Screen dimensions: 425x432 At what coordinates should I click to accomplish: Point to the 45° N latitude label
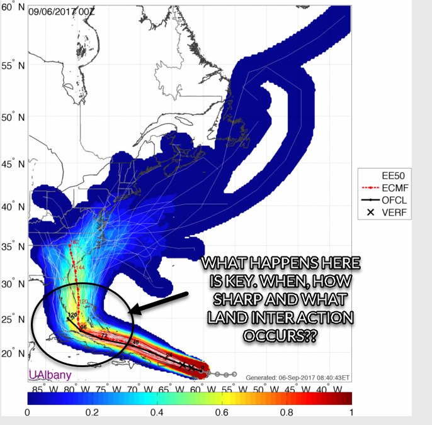click(13, 165)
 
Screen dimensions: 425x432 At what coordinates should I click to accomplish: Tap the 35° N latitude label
click(13, 248)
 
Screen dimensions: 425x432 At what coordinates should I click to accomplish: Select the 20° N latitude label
click(13, 354)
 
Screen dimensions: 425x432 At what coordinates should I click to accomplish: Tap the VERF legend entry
click(391, 213)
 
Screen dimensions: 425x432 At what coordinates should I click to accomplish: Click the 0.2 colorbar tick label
click(93, 412)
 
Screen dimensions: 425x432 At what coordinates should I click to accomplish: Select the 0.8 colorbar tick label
click(287, 412)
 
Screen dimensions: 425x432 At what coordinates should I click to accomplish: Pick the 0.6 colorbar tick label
click(222, 412)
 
